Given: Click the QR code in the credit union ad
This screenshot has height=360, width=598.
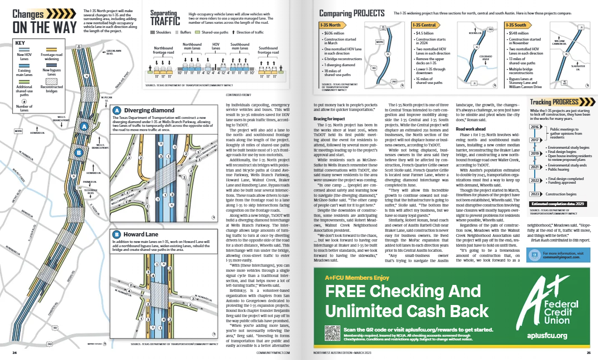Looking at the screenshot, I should click(x=332, y=332).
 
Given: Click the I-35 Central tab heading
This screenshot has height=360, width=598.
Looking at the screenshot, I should click(x=424, y=25).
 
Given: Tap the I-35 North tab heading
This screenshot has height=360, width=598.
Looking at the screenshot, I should click(x=331, y=25).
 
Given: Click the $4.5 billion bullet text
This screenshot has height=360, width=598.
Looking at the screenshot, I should click(x=424, y=34).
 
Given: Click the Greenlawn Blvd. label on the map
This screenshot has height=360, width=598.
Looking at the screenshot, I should click(x=113, y=52).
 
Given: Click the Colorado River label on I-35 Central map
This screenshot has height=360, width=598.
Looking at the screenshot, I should click(x=485, y=58).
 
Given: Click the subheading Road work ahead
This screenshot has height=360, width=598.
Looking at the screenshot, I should click(x=471, y=129).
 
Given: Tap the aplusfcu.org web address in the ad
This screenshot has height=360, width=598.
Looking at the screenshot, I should click(x=547, y=335).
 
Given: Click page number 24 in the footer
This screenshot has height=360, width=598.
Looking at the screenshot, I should click(x=14, y=353).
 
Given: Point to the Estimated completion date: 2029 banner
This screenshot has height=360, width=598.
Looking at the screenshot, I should click(x=558, y=204).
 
